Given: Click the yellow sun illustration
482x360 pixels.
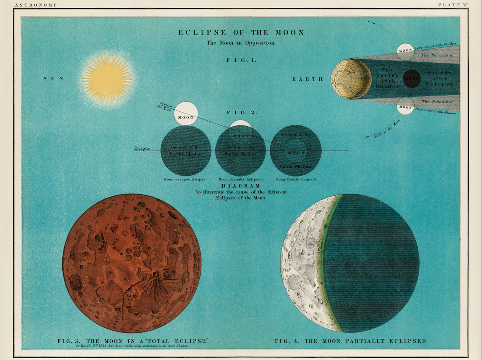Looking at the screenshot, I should [x=107, y=79].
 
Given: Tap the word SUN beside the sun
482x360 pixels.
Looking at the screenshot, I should [x=53, y=78].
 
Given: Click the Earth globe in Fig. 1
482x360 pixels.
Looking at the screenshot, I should [x=351, y=79].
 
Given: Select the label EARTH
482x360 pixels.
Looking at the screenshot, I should [x=308, y=79].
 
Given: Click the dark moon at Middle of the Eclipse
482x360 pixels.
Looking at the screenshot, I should [x=411, y=78].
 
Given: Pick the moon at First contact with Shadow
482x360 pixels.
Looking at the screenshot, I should [x=405, y=107].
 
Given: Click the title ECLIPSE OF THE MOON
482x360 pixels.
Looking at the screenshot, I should [x=241, y=33].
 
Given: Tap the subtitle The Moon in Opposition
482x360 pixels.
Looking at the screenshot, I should [x=241, y=43].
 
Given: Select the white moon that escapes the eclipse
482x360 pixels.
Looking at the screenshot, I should [x=186, y=113].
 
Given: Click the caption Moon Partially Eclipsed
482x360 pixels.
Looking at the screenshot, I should [x=241, y=180].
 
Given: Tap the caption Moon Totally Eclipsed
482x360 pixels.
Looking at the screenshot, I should [x=296, y=180].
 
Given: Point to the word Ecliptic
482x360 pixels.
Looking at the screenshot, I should [x=142, y=148].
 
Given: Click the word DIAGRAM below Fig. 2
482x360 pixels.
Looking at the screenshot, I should [x=241, y=186].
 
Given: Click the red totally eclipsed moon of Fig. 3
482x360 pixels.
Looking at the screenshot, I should [x=131, y=263].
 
